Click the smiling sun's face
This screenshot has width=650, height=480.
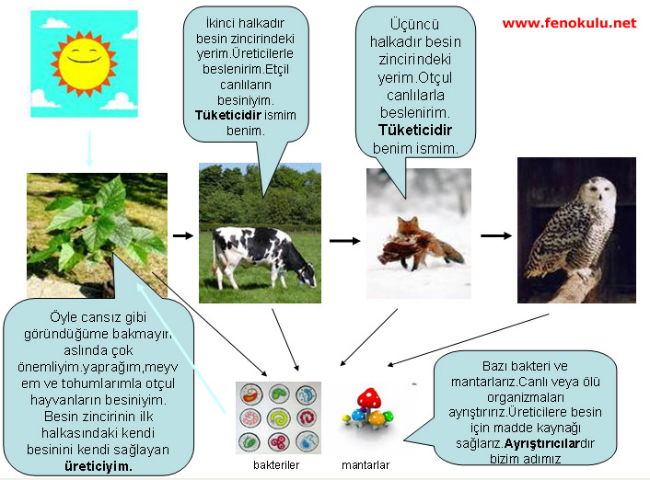point(84,63)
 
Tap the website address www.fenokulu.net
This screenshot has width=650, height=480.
point(569,23)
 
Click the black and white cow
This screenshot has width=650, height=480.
point(263,257)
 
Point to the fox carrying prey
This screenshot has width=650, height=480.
point(420,246)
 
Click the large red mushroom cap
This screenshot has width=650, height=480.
point(369,397)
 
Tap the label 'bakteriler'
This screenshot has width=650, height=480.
point(276,465)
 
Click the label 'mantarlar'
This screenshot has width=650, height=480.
point(366,465)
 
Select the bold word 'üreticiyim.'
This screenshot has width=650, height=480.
point(99,466)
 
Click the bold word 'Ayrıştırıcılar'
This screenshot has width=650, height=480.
point(541,443)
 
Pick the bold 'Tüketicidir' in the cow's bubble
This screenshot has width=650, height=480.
point(228,115)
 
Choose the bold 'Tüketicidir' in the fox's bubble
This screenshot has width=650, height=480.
point(415,130)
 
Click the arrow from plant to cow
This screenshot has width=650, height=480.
point(183,235)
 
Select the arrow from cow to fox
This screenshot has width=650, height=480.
point(345,241)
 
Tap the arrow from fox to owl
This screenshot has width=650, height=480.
point(496,235)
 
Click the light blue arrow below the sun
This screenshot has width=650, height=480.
point(88,150)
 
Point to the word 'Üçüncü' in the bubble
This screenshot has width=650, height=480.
point(414,24)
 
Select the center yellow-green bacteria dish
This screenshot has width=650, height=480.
point(278,417)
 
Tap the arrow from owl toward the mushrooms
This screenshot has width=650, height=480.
point(469,340)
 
